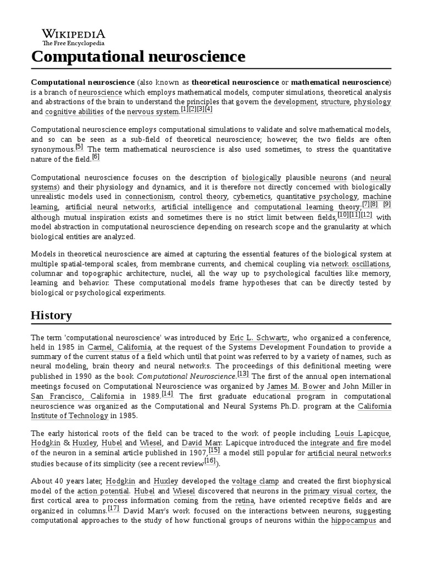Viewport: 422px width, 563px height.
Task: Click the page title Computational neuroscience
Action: click(x=138, y=57)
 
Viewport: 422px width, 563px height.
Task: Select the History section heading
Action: click(x=51, y=315)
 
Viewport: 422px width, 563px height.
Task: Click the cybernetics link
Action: click(x=251, y=197)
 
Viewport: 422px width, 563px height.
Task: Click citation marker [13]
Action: click(x=242, y=374)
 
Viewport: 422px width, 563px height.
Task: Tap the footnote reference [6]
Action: click(x=96, y=157)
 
